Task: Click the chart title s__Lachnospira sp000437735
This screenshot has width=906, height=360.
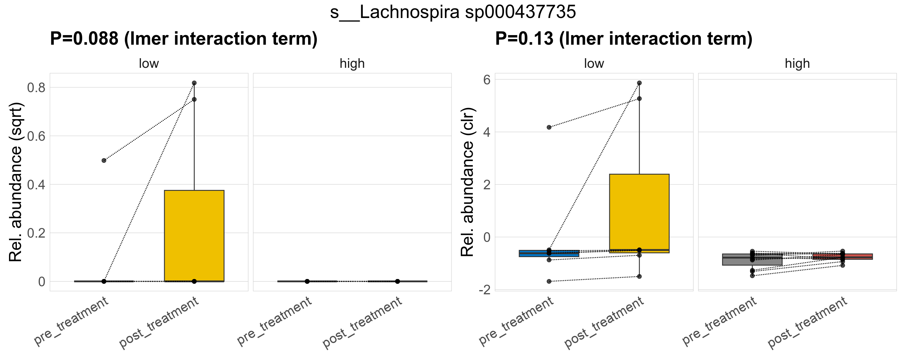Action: tap(453, 12)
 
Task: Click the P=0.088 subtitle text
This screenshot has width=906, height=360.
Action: tap(184, 39)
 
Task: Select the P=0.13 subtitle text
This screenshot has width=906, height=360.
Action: tap(624, 39)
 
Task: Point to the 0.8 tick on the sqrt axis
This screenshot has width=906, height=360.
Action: tap(36, 88)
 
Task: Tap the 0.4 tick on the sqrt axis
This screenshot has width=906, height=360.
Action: tap(36, 184)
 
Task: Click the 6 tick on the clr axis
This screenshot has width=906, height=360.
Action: tap(487, 80)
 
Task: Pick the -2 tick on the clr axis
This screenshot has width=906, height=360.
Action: tap(484, 290)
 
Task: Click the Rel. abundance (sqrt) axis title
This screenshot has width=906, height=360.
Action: tap(16, 182)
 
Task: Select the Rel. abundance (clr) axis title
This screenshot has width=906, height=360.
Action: tap(468, 182)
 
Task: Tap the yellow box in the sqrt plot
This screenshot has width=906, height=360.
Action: tap(194, 235)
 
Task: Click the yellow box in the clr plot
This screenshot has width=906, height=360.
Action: tap(639, 211)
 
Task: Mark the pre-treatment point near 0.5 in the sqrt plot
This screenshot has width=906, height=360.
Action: tap(104, 160)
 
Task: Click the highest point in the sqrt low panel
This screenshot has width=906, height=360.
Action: tap(194, 83)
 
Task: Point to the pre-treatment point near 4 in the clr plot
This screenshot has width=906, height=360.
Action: tap(549, 127)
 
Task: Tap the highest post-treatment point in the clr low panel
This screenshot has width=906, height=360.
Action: tap(639, 83)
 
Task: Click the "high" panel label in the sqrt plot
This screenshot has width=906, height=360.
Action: tap(352, 64)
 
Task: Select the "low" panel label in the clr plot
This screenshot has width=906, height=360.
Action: tap(594, 64)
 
